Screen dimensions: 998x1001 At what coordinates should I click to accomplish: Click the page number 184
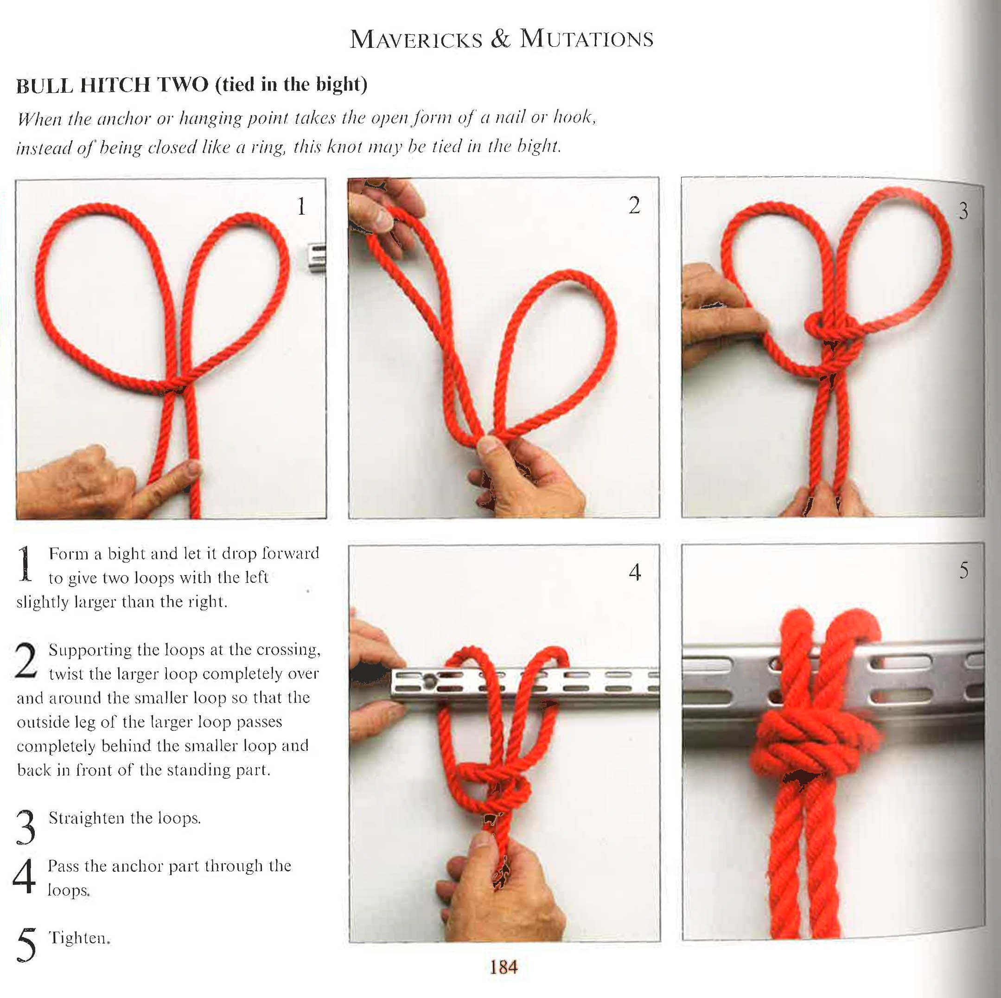[x=503, y=966]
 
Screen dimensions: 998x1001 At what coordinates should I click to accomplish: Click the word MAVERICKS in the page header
[x=415, y=40]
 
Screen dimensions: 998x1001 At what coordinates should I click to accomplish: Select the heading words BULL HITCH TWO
[x=112, y=85]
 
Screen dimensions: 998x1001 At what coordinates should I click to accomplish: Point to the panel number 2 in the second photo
[x=634, y=206]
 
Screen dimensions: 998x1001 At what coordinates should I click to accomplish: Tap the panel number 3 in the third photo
[x=963, y=211]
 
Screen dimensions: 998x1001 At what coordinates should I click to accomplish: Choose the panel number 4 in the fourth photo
[x=635, y=572]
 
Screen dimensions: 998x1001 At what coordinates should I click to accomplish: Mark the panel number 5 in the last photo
[x=963, y=570]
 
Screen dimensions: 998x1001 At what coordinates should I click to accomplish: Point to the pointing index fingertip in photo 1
[x=193, y=468]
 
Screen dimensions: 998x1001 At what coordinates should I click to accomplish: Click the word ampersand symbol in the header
[x=500, y=40]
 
